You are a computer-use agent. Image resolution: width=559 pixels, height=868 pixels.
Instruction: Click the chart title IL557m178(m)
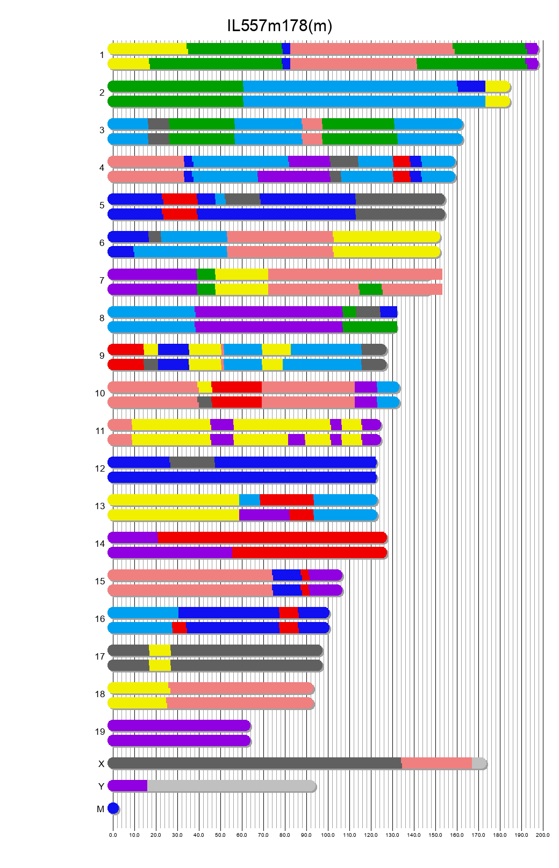click(279, 25)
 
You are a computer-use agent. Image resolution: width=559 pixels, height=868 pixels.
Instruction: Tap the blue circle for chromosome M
click(113, 808)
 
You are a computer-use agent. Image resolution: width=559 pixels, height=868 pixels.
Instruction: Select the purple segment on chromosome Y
click(128, 785)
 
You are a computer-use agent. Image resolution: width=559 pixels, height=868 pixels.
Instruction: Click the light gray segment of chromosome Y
click(231, 785)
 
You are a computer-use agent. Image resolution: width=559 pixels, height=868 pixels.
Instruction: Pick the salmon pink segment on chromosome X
click(436, 763)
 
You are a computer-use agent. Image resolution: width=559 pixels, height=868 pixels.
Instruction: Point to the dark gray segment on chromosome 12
click(192, 462)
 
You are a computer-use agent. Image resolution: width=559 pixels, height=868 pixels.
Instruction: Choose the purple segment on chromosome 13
click(264, 515)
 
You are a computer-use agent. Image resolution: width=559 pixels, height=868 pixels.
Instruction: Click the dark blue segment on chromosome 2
click(471, 86)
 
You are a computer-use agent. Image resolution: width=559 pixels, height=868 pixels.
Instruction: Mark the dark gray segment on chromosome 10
click(205, 402)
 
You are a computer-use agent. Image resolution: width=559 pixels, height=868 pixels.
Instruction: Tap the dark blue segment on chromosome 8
click(389, 312)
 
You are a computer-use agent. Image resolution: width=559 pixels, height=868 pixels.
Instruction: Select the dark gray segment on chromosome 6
click(155, 236)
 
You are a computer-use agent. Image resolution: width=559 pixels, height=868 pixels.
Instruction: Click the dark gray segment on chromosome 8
click(368, 312)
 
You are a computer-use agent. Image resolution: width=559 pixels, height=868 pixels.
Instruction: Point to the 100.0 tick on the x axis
click(328, 835)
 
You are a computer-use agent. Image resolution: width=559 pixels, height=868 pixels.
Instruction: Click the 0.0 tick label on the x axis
click(113, 835)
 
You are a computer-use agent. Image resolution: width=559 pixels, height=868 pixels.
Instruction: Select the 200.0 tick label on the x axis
click(543, 835)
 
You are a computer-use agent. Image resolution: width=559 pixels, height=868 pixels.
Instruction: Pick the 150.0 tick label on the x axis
click(435, 835)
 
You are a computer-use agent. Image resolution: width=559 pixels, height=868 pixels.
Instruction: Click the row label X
click(101, 764)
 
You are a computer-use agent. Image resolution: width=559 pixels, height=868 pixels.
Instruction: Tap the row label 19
click(100, 732)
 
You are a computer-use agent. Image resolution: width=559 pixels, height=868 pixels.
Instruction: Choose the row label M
click(101, 809)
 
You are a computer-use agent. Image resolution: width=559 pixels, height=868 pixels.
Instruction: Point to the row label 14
click(100, 544)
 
